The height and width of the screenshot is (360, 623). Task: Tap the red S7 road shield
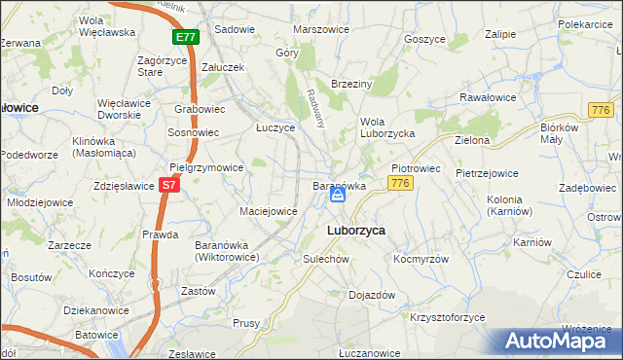169,184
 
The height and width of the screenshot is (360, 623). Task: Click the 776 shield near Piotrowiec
397,183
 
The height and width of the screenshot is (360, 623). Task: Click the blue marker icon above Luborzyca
337,196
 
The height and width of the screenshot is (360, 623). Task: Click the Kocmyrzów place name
421,260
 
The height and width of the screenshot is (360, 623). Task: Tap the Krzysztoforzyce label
448,318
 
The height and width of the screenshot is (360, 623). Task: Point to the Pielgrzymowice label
206,167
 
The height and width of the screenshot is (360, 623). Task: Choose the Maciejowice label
268,210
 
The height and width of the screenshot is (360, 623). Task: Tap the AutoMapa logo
556,341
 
